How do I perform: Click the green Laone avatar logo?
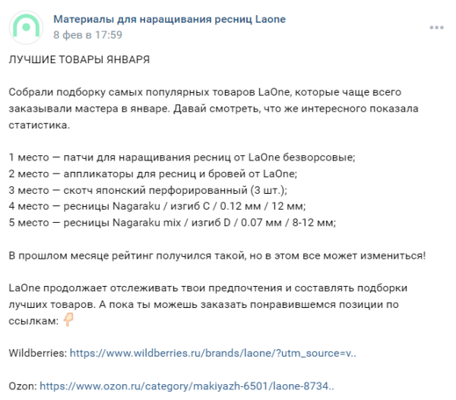coord(27,27)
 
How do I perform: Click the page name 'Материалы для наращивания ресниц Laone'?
coord(169,19)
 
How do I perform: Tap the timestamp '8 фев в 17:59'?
coord(87,35)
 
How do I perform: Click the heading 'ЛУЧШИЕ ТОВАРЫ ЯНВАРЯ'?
coord(80,59)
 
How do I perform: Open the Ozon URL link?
coord(187,386)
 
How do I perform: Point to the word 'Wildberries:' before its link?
coord(37,353)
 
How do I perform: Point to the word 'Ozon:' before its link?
coord(23,386)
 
